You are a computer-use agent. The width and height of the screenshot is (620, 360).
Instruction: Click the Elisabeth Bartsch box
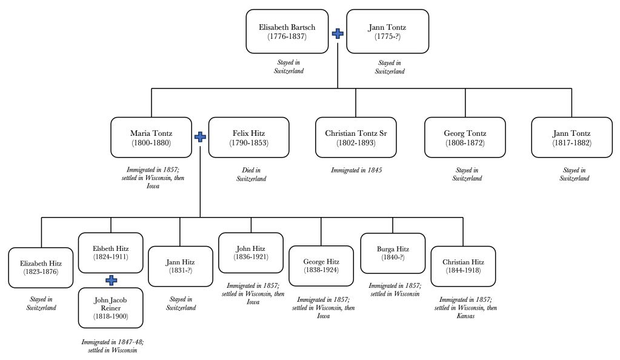pos(287,32)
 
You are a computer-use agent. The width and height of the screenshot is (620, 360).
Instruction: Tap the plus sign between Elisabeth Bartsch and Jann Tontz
pos(338,33)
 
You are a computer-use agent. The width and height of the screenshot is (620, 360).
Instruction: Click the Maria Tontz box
pos(151,138)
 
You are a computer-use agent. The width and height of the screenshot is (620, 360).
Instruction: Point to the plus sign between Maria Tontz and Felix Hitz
pos(200,138)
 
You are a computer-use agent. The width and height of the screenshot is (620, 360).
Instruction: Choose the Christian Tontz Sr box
pos(356,138)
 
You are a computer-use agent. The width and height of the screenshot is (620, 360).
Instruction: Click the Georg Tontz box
pos(465,138)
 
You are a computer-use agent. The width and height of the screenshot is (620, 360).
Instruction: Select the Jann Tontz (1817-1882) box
pos(572,138)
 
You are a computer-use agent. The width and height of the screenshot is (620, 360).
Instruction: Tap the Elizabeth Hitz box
pos(41,267)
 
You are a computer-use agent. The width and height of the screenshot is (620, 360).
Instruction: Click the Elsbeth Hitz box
pos(111,253)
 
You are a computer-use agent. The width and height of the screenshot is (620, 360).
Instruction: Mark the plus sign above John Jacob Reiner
pos(111,280)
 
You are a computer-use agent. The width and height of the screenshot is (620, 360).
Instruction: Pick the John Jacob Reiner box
pos(111,307)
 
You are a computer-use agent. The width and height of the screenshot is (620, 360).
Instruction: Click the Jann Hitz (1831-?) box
pos(181,267)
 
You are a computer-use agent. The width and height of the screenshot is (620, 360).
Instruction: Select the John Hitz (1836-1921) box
pos(251,253)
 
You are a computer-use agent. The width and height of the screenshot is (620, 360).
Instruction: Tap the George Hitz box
pos(321,267)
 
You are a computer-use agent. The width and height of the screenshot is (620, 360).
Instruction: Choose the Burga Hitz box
pos(392,253)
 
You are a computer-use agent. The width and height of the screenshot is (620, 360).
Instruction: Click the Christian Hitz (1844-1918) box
pos(463,267)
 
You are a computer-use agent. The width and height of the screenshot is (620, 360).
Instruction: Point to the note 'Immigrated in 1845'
pos(356,170)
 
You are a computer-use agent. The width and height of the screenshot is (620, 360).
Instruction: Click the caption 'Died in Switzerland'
pos(251,175)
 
